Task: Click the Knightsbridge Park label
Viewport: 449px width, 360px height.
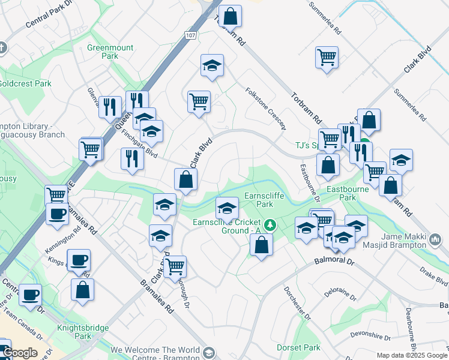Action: (x=83, y=332)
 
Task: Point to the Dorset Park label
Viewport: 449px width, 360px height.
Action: (x=298, y=347)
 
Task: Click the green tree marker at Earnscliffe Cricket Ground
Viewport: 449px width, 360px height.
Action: (x=271, y=225)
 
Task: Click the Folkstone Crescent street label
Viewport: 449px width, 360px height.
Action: (x=265, y=108)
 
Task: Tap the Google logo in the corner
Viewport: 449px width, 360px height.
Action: (x=19, y=353)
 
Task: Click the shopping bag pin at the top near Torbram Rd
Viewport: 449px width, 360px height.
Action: (x=229, y=16)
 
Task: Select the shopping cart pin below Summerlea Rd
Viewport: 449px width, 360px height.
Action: (x=327, y=58)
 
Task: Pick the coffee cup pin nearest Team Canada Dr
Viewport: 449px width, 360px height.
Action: (x=30, y=295)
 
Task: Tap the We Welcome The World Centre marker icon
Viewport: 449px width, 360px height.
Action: (x=209, y=353)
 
